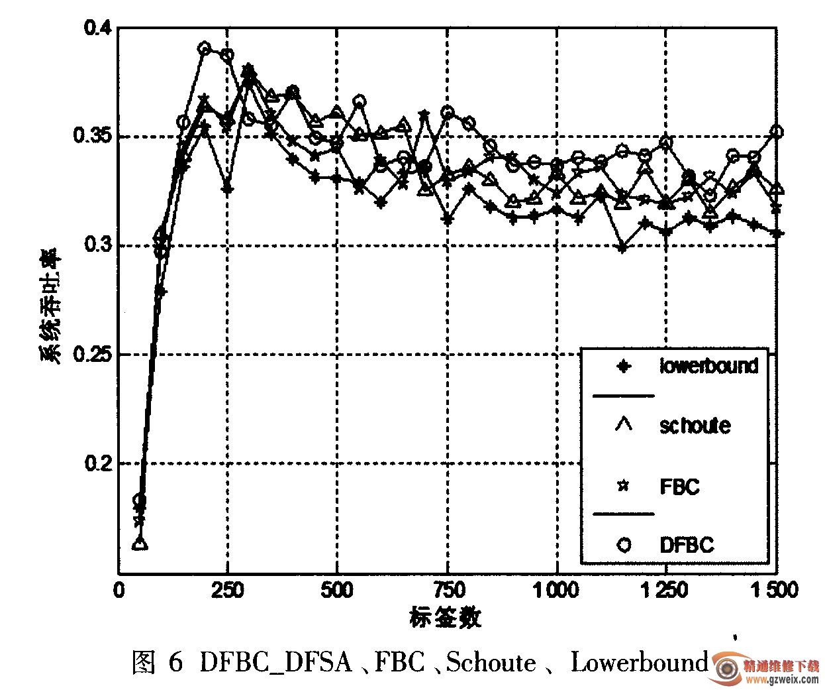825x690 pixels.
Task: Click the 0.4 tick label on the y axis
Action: click(x=97, y=29)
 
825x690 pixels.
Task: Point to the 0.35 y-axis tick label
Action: click(x=91, y=138)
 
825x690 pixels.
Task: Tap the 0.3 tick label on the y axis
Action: click(x=97, y=246)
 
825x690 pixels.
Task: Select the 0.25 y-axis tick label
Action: click(x=91, y=355)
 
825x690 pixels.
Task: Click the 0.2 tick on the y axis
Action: click(x=97, y=463)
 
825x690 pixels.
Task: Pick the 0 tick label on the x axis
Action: click(x=119, y=590)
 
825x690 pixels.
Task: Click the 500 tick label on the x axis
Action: click(x=337, y=590)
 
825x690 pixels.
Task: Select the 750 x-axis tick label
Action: click(x=447, y=590)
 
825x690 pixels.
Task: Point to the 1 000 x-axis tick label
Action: click(x=557, y=590)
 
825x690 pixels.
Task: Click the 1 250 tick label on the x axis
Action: click(x=666, y=590)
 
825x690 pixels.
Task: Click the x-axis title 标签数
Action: click(x=445, y=617)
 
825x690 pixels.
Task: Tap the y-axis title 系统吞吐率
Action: click(x=52, y=306)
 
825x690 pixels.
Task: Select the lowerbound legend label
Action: click(x=708, y=365)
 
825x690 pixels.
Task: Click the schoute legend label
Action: click(x=695, y=425)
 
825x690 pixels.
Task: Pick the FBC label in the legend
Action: click(x=679, y=487)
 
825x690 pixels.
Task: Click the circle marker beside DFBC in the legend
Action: click(x=624, y=545)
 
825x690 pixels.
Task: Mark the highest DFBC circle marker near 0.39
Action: click(x=205, y=48)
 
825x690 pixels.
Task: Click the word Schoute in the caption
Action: click(x=491, y=662)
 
